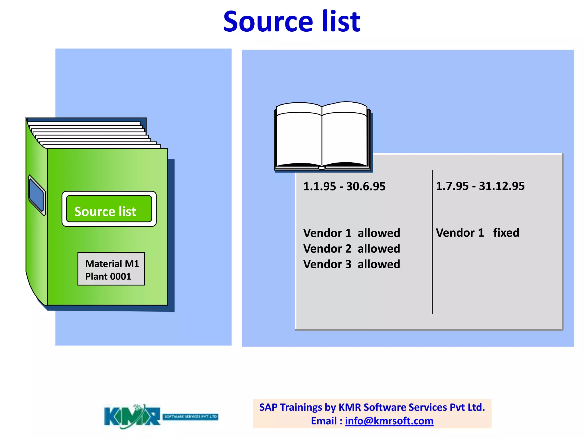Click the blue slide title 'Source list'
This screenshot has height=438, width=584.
(x=292, y=22)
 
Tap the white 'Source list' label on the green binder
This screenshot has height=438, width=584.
(x=105, y=212)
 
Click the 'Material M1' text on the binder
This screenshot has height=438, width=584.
(x=112, y=264)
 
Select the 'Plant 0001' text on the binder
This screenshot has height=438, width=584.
(x=108, y=276)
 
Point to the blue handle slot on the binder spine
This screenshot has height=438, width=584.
(x=36, y=196)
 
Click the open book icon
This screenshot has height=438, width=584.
(x=322, y=136)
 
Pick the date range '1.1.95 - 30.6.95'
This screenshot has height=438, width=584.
(x=344, y=186)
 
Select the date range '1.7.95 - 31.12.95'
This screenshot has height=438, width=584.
(x=480, y=186)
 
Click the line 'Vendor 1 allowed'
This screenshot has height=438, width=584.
(x=352, y=233)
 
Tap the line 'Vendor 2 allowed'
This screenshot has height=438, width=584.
(x=352, y=249)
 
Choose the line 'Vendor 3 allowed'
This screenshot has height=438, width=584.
(x=352, y=264)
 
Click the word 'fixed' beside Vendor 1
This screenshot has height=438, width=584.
(x=506, y=233)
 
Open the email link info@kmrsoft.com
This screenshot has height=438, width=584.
(x=389, y=421)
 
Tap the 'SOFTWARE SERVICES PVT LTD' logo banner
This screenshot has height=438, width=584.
(x=190, y=417)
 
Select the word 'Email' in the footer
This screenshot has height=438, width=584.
(x=324, y=421)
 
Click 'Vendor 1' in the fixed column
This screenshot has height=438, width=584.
(x=460, y=233)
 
